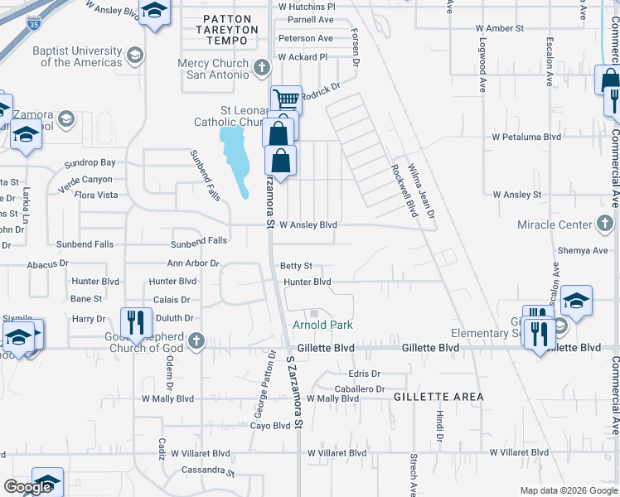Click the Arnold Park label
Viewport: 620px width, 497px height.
pyautogui.click(x=322, y=326)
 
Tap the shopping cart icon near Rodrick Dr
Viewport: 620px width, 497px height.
pyautogui.click(x=286, y=100)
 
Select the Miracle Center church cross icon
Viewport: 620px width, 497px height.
pyautogui.click(x=606, y=224)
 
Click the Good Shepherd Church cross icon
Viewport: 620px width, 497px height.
pyautogui.click(x=196, y=340)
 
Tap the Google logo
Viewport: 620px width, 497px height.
pyautogui.click(x=27, y=487)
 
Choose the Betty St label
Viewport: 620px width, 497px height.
pyautogui.click(x=296, y=266)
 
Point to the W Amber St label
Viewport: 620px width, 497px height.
pyautogui.click(x=500, y=28)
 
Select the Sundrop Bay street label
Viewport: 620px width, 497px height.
pyautogui.click(x=90, y=163)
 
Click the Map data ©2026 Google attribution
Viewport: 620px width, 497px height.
pyautogui.click(x=568, y=490)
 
